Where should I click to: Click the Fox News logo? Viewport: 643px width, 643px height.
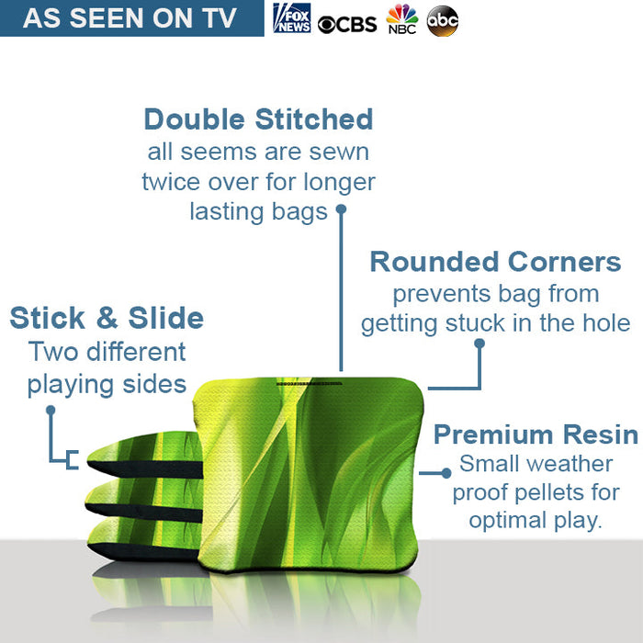coord(291,18)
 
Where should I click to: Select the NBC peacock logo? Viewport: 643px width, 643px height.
coord(401,18)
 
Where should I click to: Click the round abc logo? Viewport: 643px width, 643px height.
coord(443,20)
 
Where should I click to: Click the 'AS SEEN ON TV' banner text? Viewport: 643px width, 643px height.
coord(130,18)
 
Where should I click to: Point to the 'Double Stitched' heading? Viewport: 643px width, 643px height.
coord(258,119)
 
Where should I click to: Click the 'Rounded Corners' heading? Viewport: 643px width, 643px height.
coord(495,262)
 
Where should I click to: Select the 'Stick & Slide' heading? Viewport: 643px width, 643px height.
coord(107,318)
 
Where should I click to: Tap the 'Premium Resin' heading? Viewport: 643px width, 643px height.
coord(536,434)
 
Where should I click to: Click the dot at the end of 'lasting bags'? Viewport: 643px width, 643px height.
coord(341,209)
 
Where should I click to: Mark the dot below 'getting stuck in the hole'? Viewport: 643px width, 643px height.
coord(479,343)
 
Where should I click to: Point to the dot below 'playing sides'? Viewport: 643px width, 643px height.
coord(51,410)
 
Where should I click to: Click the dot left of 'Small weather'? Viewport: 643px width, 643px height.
coord(447,472)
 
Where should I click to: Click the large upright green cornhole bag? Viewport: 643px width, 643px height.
coord(307,468)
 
